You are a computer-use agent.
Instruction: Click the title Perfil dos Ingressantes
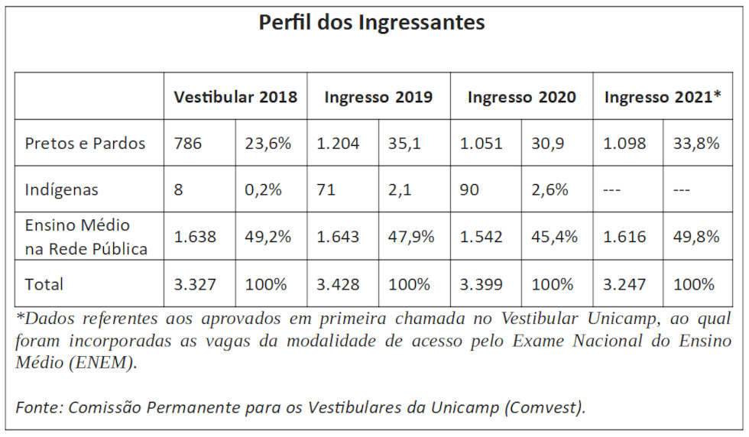[x=371, y=23]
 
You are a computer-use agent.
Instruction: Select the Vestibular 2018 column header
[x=235, y=97]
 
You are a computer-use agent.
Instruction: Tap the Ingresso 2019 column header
[x=378, y=97]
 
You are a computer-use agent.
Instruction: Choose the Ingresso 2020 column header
[x=521, y=97]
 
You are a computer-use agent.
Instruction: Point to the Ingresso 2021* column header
[x=663, y=97]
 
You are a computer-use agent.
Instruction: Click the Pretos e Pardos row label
[x=85, y=143]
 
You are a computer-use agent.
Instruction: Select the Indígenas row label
[x=61, y=189]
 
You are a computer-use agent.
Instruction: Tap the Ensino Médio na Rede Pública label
[x=86, y=237]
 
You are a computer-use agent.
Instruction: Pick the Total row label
[x=44, y=284]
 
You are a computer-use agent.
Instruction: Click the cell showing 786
[x=188, y=143]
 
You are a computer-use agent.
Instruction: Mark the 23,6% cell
[x=267, y=143]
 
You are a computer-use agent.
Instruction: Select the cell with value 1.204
[x=337, y=143]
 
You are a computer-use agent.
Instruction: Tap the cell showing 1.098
[x=624, y=143]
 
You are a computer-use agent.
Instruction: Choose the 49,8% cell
[x=696, y=237]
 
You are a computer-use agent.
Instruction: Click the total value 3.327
[x=195, y=284]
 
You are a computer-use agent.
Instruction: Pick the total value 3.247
[x=624, y=284]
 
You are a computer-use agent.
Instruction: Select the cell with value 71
[x=326, y=189]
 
